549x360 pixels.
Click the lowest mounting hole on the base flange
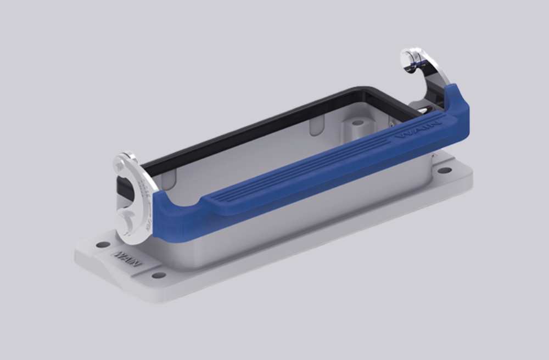[x=159, y=275]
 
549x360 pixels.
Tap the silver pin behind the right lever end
[x=428, y=110]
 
